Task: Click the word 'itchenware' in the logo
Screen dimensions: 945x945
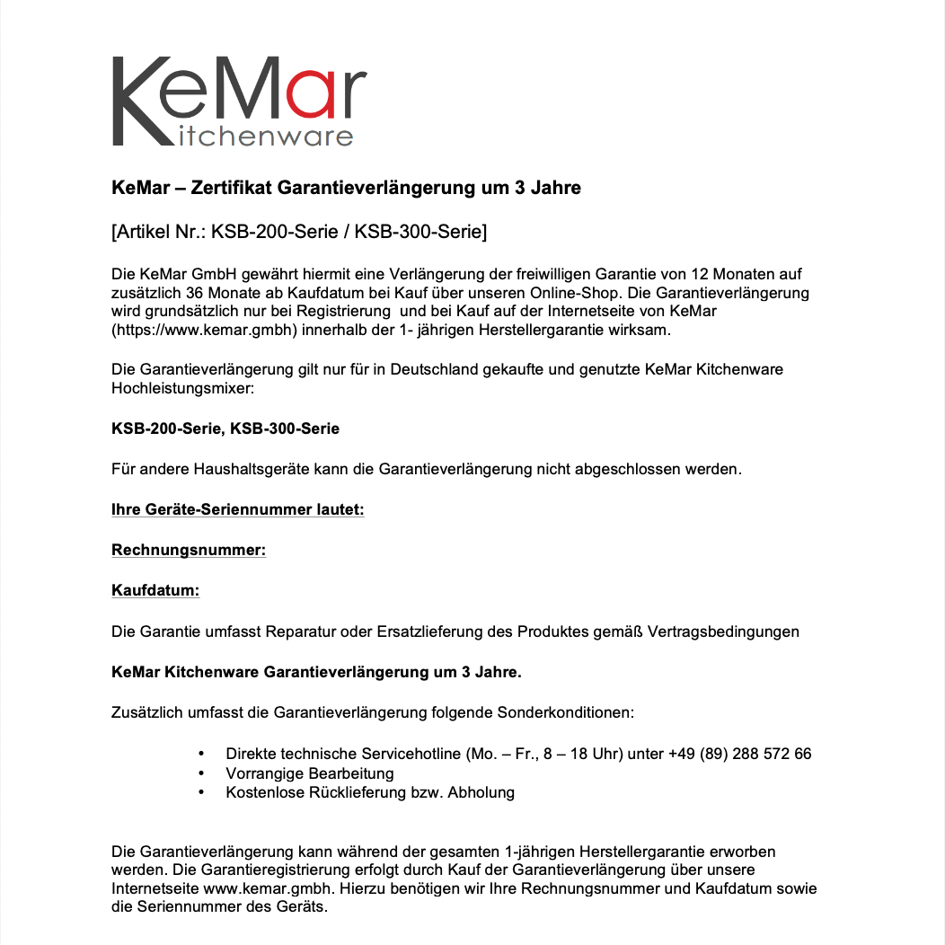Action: [261, 137]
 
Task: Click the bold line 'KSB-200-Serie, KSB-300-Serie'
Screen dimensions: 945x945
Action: [225, 428]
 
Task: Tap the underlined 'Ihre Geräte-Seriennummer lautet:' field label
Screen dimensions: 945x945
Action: [237, 509]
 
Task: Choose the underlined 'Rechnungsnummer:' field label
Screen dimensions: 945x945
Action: [189, 550]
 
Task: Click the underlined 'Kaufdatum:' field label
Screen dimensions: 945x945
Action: [155, 590]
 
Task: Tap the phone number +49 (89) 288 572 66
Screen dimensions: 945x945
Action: [739, 754]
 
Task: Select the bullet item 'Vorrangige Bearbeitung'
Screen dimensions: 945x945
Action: [310, 773]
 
